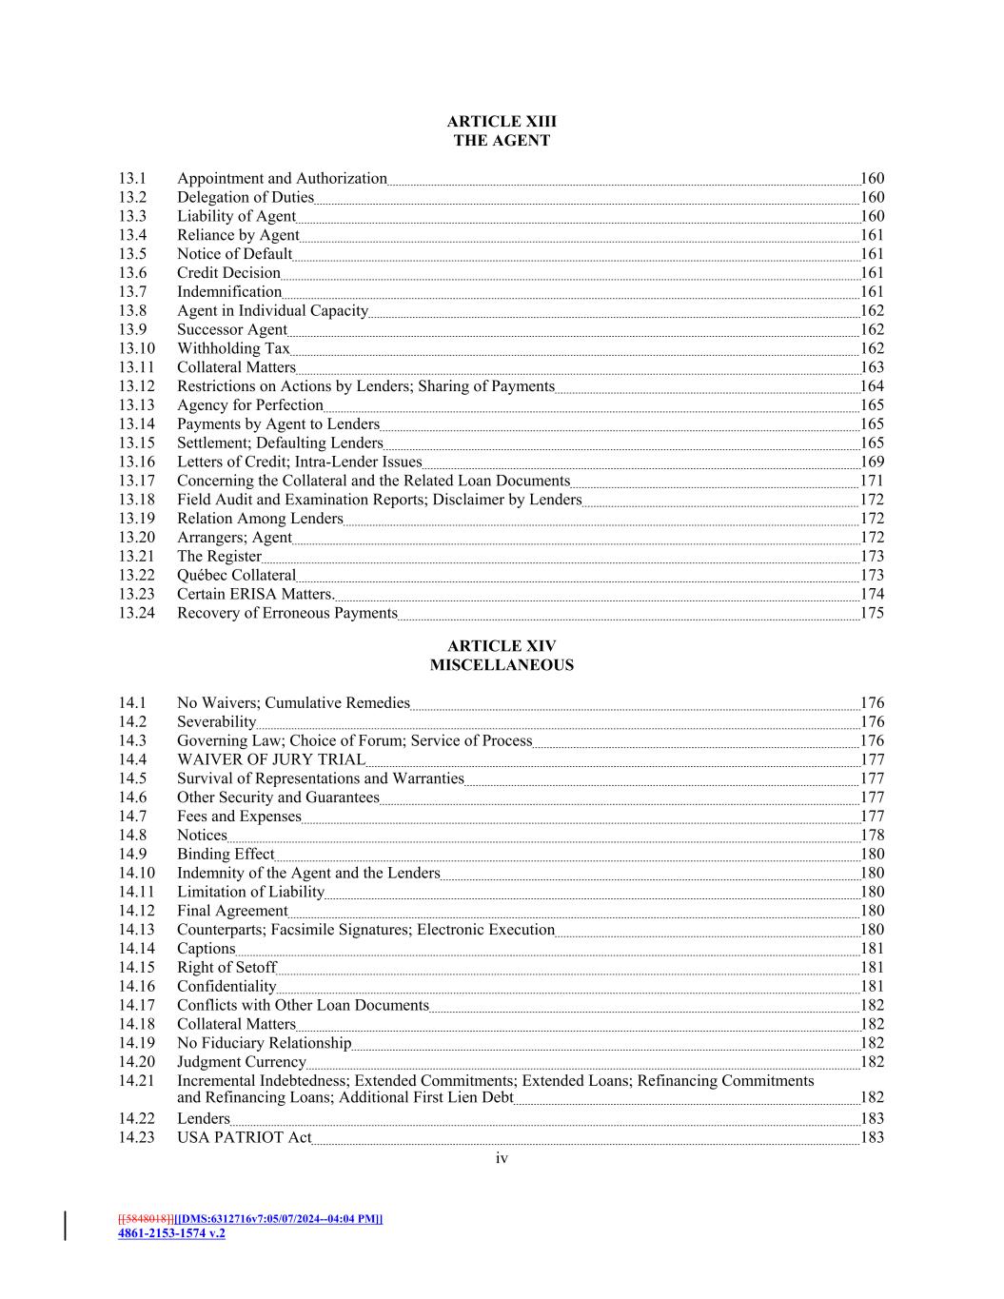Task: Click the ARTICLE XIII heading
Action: [502, 122]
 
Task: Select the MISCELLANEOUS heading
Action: [502, 665]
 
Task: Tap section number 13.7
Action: [132, 292]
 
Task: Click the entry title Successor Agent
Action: [231, 330]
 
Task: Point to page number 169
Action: [872, 463]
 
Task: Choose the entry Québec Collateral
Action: [236, 576]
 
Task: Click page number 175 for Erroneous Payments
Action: [872, 613]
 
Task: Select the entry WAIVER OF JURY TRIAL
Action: [270, 759]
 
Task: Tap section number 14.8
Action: [132, 836]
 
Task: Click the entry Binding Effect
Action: [225, 855]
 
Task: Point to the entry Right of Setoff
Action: [226, 968]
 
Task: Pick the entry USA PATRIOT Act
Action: [244, 1137]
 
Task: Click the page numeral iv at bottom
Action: [502, 1158]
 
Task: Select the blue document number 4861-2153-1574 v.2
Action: [171, 1233]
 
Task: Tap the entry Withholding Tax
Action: [233, 348]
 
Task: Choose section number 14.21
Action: [136, 1081]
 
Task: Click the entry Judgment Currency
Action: [242, 1062]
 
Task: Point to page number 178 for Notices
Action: [872, 836]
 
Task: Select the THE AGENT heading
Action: [502, 141]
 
